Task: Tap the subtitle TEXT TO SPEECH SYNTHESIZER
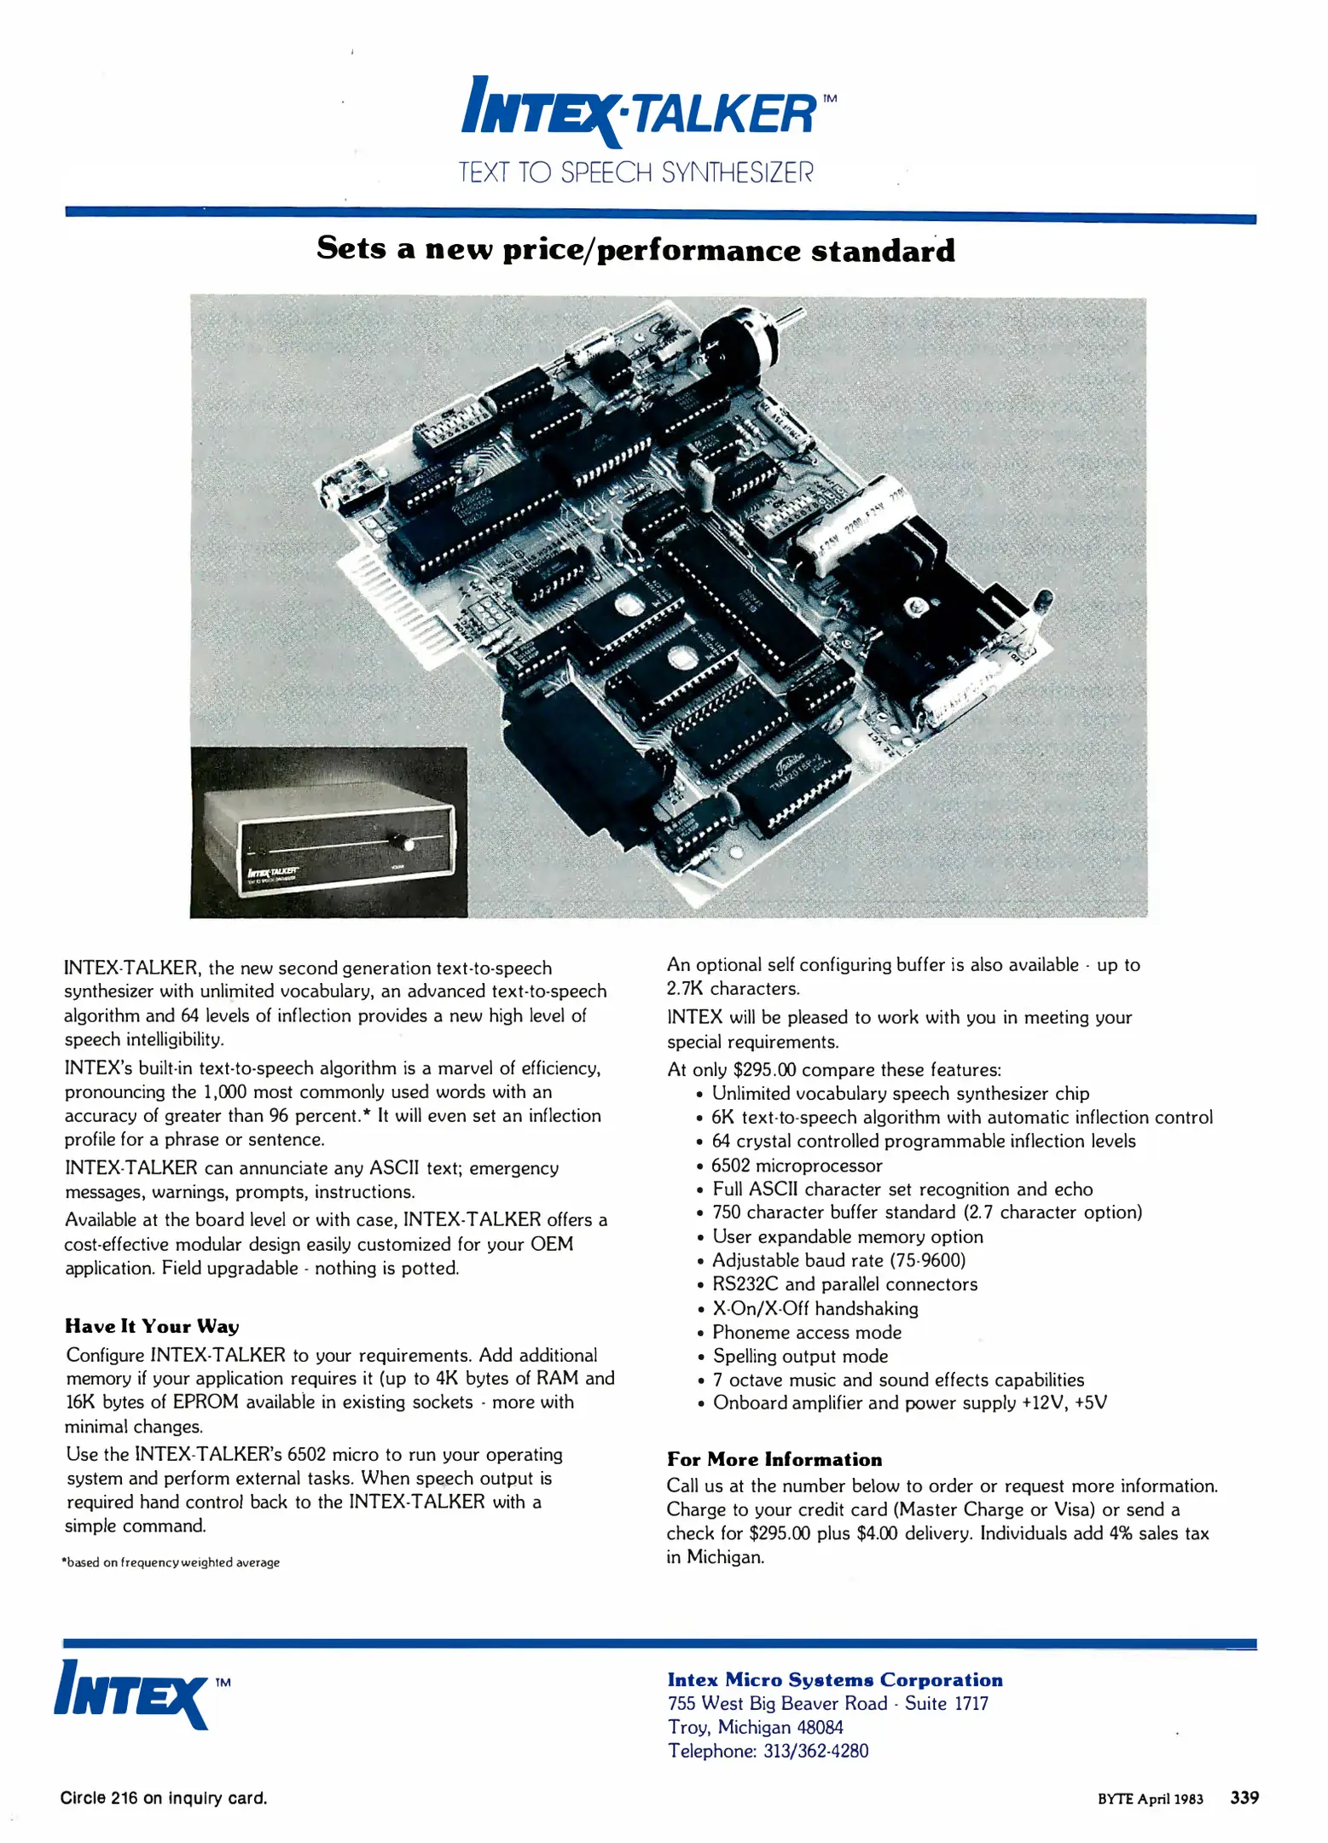(x=636, y=172)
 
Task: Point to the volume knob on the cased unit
(x=399, y=843)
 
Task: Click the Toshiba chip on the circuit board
(x=793, y=776)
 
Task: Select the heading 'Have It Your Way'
(x=152, y=1326)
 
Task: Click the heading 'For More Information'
(x=774, y=1459)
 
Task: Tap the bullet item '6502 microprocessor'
(x=797, y=1166)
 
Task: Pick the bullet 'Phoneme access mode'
(x=806, y=1332)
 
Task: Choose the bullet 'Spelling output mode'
(x=800, y=1356)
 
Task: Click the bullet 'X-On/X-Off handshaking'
(x=815, y=1308)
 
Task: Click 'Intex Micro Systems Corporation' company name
(x=835, y=1679)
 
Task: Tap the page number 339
(x=1244, y=1797)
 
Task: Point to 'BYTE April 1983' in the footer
(x=1150, y=1799)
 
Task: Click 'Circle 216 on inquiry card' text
(x=164, y=1798)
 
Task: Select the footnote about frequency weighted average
(x=171, y=1562)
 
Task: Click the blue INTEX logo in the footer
(x=132, y=1693)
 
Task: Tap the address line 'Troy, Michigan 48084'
(x=756, y=1727)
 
